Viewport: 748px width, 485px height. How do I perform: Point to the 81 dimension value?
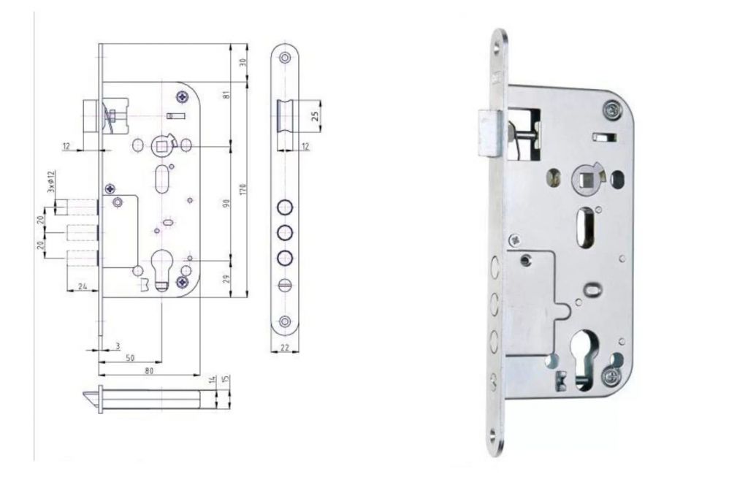(227, 94)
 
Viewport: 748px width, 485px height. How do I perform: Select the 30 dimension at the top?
(243, 63)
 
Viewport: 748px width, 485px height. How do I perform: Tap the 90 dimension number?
(227, 202)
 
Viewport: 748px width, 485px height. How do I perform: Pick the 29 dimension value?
(227, 278)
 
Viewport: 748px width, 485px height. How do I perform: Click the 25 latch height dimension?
(315, 116)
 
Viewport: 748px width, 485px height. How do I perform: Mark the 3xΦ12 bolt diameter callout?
(52, 181)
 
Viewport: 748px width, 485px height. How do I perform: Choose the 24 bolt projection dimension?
(83, 286)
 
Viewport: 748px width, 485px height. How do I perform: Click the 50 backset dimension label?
(130, 358)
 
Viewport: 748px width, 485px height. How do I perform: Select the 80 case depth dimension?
(149, 370)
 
